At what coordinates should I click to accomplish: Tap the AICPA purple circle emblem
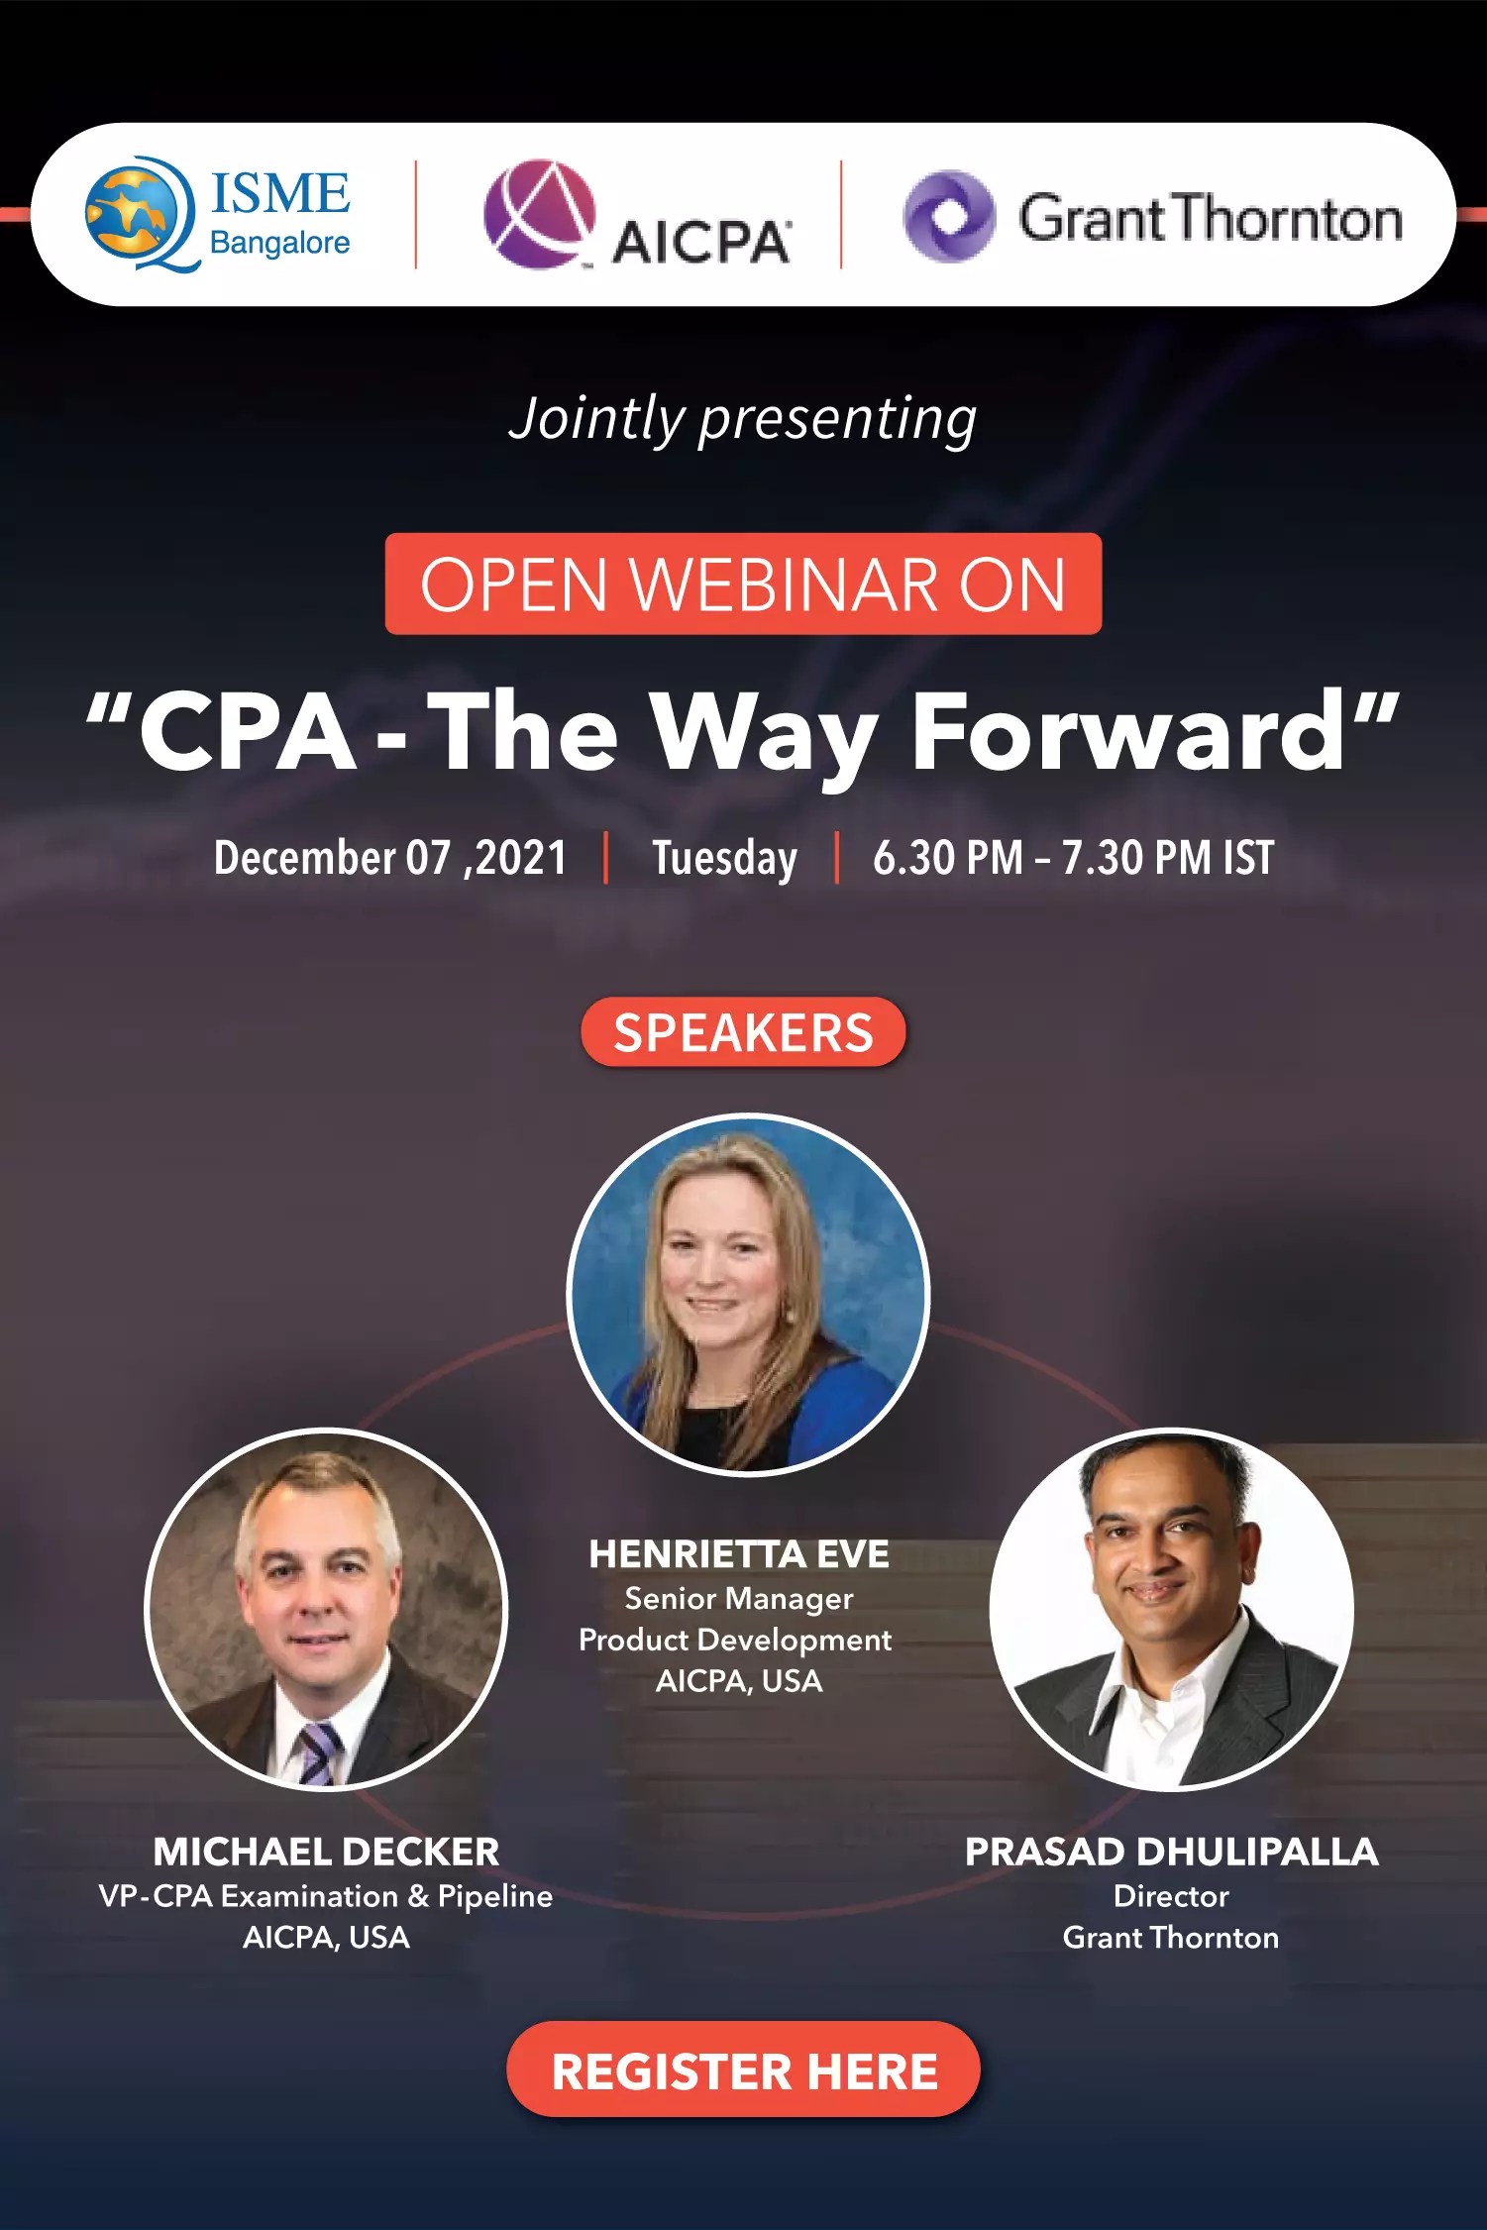coord(539,214)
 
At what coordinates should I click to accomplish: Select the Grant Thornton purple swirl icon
coord(948,217)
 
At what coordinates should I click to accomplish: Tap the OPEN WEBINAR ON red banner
coord(743,584)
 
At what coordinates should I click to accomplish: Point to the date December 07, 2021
coord(389,858)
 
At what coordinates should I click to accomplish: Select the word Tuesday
coord(724,858)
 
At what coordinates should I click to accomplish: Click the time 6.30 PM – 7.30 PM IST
coord(1073,858)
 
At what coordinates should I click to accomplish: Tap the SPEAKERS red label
coord(743,1032)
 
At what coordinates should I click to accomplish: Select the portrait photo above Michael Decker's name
coord(326,1609)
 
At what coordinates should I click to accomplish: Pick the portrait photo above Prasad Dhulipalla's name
coord(1171,1609)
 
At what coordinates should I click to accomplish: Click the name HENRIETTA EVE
coord(739,1554)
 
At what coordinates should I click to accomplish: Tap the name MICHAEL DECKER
coord(326,1852)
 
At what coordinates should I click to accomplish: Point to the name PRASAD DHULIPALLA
coord(1171,1852)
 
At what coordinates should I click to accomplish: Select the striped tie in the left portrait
coord(319,1752)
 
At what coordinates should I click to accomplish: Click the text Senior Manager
coord(739,1598)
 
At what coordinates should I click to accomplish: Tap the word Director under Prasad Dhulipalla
coord(1171,1896)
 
